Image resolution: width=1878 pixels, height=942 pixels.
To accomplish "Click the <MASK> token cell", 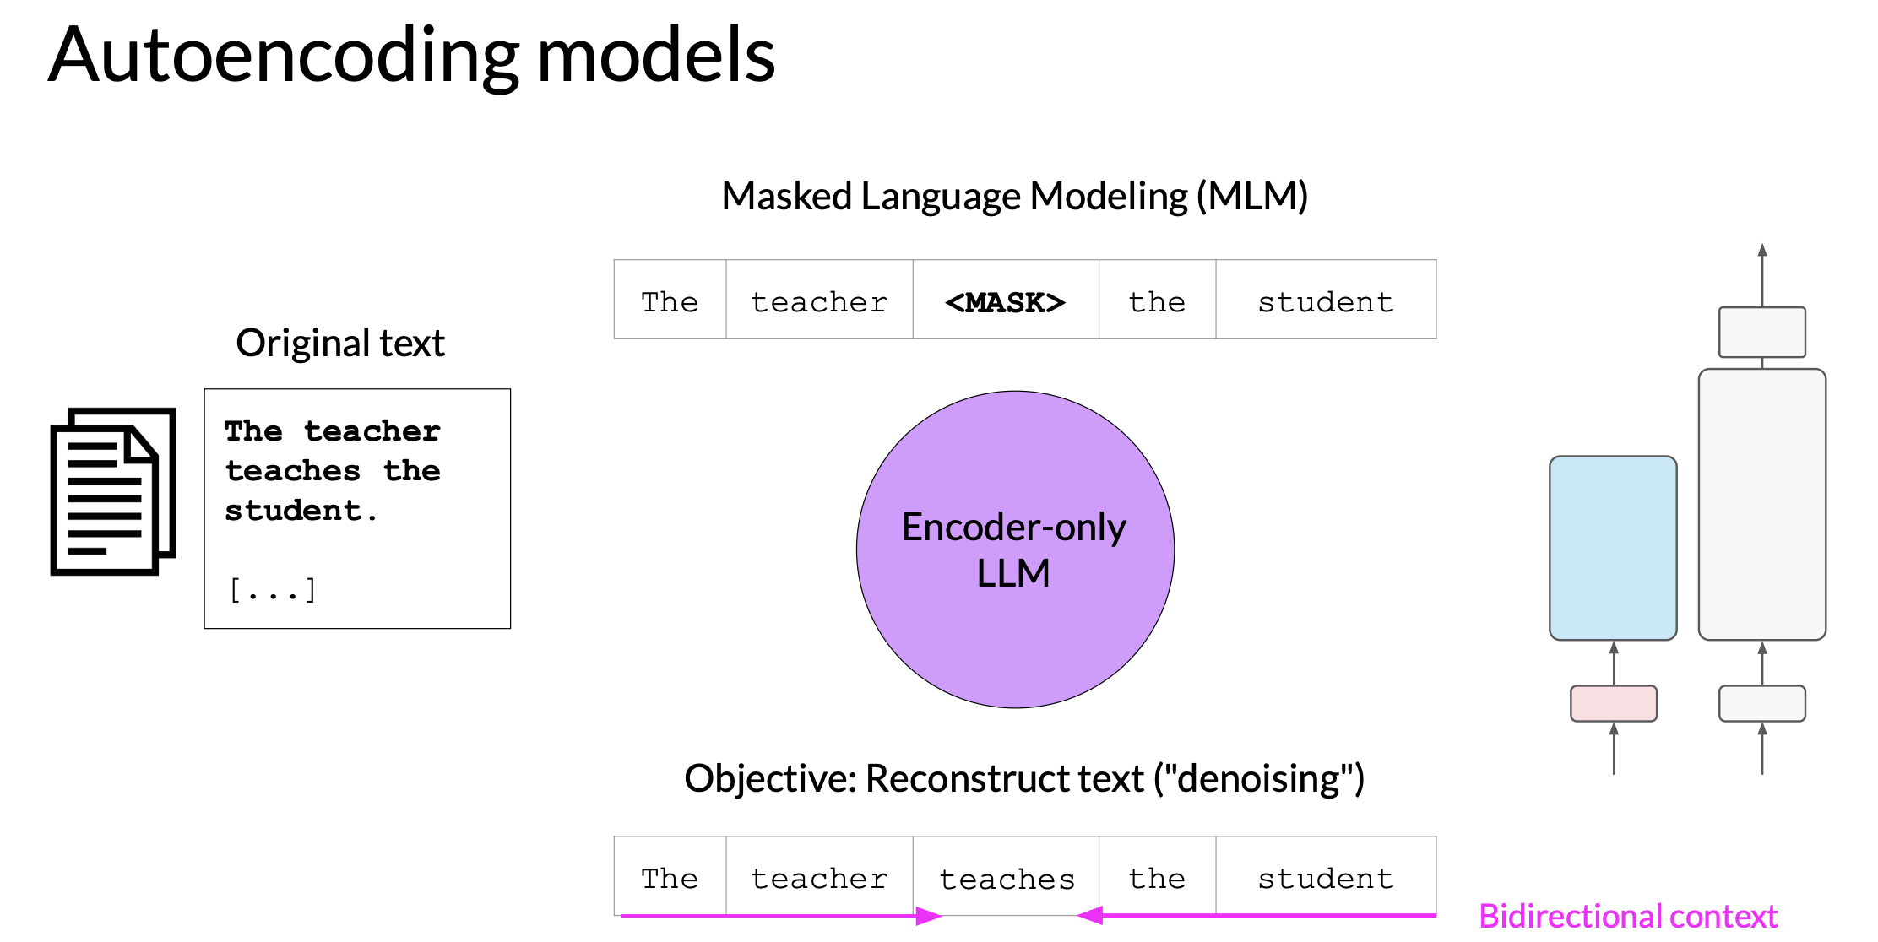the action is coord(1006,300).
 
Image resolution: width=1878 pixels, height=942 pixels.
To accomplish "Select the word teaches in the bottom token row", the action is coord(1007,880).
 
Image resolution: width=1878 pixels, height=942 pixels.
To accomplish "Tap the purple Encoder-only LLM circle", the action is coord(1015,549).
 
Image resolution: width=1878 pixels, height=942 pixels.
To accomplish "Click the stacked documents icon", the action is coord(113,491).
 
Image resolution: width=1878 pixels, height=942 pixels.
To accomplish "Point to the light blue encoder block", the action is coord(1613,548).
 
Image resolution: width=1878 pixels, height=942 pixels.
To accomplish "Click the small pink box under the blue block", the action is coord(1614,703).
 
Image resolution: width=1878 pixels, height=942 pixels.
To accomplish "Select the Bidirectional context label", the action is coord(1628,916).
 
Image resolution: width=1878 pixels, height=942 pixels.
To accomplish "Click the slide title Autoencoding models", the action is coord(411,56).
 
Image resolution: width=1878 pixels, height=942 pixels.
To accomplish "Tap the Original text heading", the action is coord(340,343).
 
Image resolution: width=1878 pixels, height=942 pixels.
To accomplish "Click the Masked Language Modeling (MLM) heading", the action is coord(1015,196).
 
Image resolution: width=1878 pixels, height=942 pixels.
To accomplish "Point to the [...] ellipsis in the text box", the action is coord(273,589).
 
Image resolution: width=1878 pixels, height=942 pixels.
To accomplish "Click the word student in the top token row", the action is coord(1326,302).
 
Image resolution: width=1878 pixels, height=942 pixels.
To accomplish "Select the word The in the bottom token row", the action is coord(670,879).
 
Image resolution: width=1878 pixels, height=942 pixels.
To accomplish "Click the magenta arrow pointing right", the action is coord(781,916).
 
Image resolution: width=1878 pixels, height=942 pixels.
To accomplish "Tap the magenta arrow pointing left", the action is coord(1257,915).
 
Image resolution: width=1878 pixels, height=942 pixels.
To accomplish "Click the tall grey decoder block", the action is coord(1762,504).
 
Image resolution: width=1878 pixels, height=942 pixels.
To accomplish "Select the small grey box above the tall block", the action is coord(1762,332).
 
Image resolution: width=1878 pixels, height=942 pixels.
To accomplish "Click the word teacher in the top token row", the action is coord(819,302).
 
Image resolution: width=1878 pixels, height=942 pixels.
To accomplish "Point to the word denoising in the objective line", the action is coord(1258,778).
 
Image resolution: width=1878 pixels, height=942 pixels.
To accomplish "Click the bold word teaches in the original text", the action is coord(293,471).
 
